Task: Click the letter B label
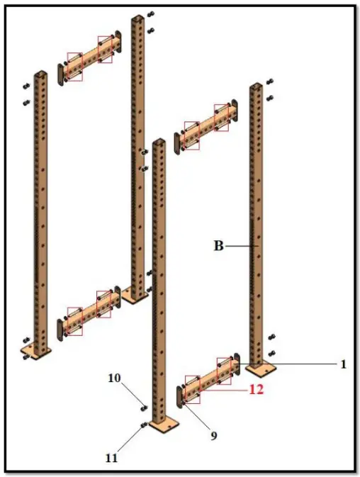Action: (x=219, y=246)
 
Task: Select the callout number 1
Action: (x=343, y=364)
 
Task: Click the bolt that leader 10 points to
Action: (x=144, y=407)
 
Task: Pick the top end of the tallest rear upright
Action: (x=137, y=18)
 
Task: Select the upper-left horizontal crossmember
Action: (x=88, y=58)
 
